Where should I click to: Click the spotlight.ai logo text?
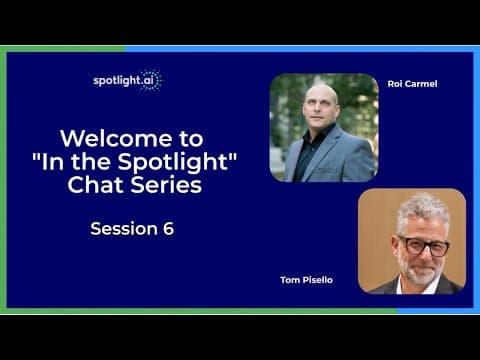click(x=123, y=81)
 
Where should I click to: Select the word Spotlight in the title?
click(x=173, y=163)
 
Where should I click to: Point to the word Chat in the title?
click(x=97, y=184)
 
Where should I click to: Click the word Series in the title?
click(x=166, y=184)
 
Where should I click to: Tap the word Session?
click(x=124, y=229)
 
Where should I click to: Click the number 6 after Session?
click(x=168, y=229)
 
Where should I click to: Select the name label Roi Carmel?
click(x=412, y=84)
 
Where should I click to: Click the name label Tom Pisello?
click(x=306, y=280)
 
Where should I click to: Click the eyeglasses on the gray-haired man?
click(x=422, y=245)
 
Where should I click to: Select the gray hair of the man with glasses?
click(x=422, y=212)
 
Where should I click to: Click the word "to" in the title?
click(x=191, y=139)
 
